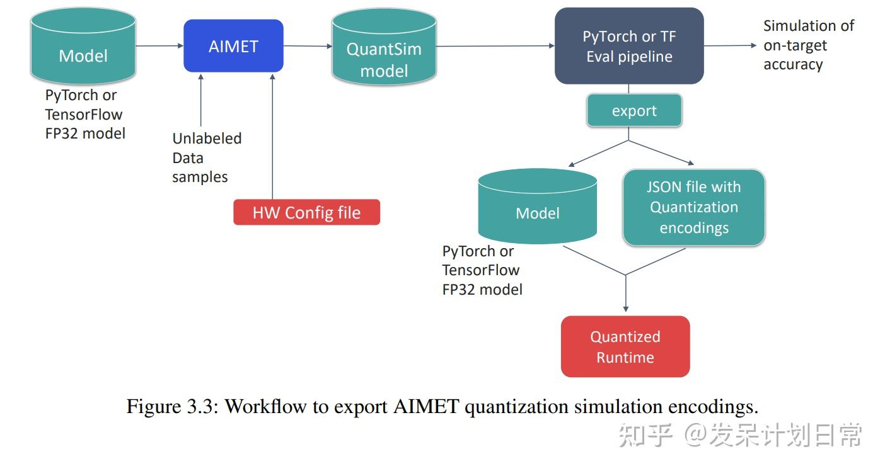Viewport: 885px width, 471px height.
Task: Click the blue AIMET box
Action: [x=233, y=46]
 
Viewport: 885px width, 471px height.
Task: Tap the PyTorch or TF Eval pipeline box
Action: [x=628, y=47]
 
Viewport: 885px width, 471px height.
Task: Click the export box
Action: [x=633, y=111]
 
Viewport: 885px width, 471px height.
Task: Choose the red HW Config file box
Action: [x=306, y=213]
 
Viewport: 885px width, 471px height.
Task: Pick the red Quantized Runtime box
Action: [x=625, y=347]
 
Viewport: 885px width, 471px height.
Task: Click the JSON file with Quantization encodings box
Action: [x=693, y=207]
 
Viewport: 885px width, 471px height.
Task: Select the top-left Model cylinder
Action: [x=83, y=50]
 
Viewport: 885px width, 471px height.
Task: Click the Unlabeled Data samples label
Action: [x=206, y=157]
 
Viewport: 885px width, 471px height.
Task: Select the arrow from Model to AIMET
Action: [x=159, y=46]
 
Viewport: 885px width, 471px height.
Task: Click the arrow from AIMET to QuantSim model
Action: [x=308, y=46]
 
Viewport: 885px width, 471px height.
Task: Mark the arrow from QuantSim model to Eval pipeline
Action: [x=495, y=46]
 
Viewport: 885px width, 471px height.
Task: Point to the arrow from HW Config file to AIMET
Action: [x=272, y=135]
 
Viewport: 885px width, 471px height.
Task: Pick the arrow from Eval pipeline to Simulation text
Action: [x=730, y=45]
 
